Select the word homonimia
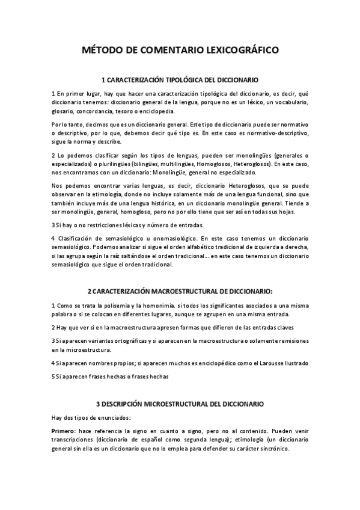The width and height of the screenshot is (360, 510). click(174, 305)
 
